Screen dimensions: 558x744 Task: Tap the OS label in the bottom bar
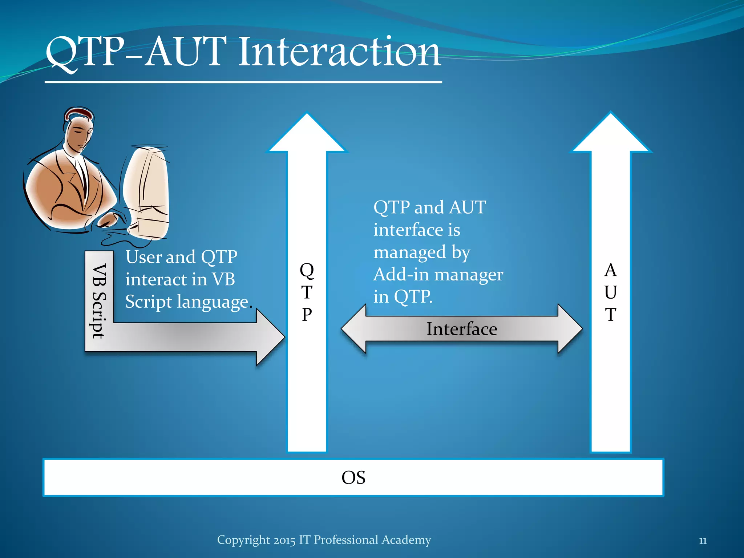click(x=353, y=477)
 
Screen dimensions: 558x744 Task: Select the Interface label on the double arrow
click(x=461, y=329)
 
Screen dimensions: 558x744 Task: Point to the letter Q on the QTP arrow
click(x=307, y=271)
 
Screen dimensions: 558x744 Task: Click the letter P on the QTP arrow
click(x=307, y=315)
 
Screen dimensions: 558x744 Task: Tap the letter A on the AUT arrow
click(x=611, y=270)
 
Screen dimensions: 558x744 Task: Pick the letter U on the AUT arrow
click(x=611, y=292)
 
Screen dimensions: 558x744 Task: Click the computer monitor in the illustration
click(x=147, y=193)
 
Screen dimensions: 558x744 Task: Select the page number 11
click(x=703, y=541)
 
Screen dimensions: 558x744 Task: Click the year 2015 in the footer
click(x=285, y=540)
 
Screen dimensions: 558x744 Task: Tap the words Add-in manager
click(x=438, y=274)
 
